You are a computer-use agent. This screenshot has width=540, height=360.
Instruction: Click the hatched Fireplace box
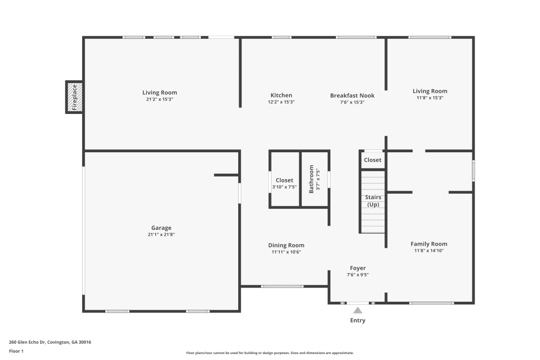pyautogui.click(x=75, y=97)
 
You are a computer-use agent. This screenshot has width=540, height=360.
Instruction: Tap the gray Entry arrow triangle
pyautogui.click(x=358, y=310)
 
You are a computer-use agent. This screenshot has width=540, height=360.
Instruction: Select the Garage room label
pyautogui.click(x=161, y=228)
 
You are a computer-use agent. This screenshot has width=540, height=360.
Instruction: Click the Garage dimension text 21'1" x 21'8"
pyautogui.click(x=161, y=235)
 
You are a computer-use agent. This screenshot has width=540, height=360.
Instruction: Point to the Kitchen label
pyautogui.click(x=281, y=96)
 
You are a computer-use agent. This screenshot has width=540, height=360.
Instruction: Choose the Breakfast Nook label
pyautogui.click(x=352, y=96)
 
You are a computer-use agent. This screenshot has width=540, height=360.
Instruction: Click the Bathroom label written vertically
pyautogui.click(x=312, y=179)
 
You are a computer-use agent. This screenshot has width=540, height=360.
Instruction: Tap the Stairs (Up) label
pyautogui.click(x=373, y=201)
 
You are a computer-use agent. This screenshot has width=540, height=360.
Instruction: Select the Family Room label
pyautogui.click(x=429, y=244)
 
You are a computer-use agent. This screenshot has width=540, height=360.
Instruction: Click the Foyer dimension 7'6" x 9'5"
pyautogui.click(x=358, y=275)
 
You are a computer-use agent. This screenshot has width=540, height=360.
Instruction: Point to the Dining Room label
pyautogui.click(x=286, y=246)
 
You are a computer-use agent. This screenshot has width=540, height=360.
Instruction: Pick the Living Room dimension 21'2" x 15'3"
pyautogui.click(x=159, y=99)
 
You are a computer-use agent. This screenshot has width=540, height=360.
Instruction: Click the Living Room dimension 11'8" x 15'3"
pyautogui.click(x=430, y=98)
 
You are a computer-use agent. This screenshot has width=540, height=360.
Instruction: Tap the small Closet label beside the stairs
pyautogui.click(x=373, y=160)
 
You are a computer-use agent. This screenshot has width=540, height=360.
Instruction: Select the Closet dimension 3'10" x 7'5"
pyautogui.click(x=285, y=187)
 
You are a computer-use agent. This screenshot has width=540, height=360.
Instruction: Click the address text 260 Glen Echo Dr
pyautogui.click(x=27, y=342)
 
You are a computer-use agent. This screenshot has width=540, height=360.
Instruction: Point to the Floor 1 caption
pyautogui.click(x=16, y=351)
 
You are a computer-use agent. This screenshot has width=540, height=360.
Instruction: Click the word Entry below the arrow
pyautogui.click(x=358, y=321)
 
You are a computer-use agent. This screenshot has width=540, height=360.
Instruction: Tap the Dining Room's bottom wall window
pyautogui.click(x=282, y=287)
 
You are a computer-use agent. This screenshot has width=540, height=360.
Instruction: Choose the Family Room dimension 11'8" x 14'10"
pyautogui.click(x=429, y=251)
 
